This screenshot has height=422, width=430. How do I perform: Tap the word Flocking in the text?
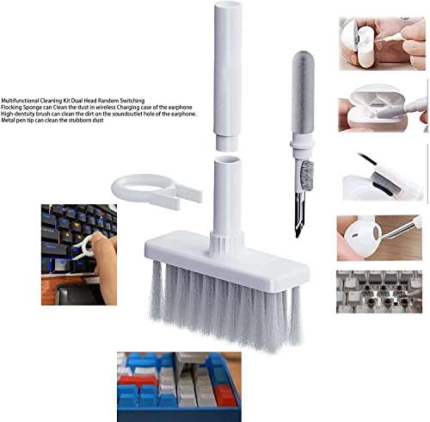pyautogui.click(x=14, y=108)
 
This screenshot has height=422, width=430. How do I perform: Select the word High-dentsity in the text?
pyautogui.click(x=20, y=115)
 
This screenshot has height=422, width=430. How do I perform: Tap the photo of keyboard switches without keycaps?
pyautogui.click(x=378, y=292)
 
